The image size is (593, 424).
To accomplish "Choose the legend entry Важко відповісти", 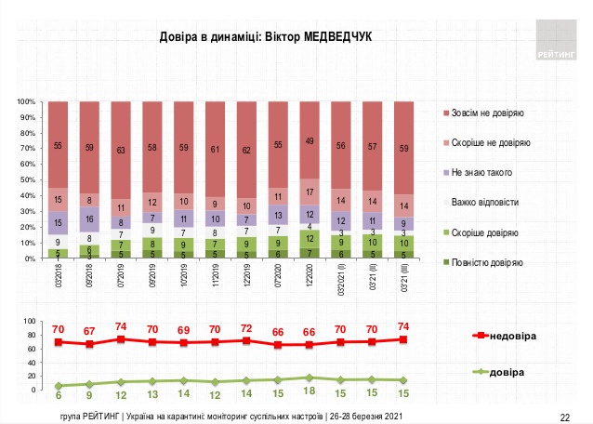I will [x=484, y=201].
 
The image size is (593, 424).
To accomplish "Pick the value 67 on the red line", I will [x=90, y=329].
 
